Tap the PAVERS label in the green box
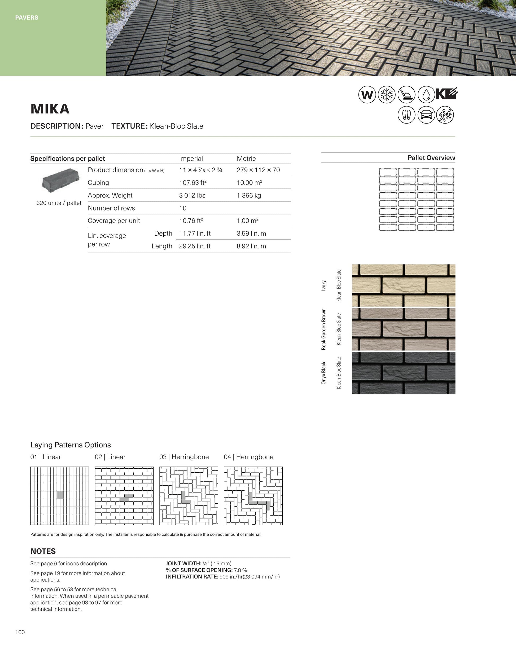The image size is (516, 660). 27,17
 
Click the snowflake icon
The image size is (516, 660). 387,95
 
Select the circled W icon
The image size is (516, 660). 367,95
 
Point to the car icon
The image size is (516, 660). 426,115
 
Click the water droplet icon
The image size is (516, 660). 426,95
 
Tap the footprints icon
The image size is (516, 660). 406,115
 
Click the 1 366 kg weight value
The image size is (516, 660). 249,195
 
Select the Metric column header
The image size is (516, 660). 246,158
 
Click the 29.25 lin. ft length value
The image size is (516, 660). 195,246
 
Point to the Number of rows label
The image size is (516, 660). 111,208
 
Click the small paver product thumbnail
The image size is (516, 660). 60,181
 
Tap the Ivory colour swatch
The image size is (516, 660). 404,285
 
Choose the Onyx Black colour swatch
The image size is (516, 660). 404,373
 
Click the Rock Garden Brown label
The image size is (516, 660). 324,329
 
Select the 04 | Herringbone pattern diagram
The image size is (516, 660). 253,496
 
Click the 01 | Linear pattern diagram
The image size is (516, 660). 60,496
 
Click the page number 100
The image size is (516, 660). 20,632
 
